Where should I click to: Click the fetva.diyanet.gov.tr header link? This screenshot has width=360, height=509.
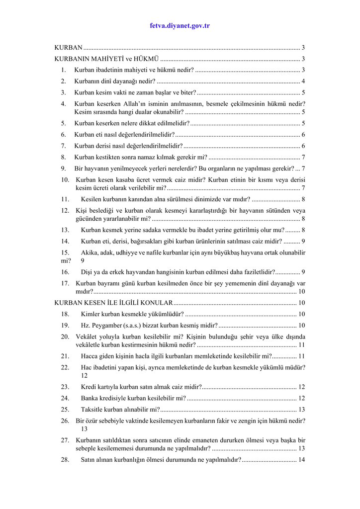pyautogui.click(x=180, y=25)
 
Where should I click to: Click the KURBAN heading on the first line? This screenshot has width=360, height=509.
pyautogui.click(x=68, y=48)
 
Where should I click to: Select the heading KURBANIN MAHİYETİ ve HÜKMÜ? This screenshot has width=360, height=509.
pyautogui.click(x=106, y=59)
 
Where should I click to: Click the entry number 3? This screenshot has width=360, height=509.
pyautogui.click(x=63, y=92)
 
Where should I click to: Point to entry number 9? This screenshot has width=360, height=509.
pyautogui.click(x=63, y=169)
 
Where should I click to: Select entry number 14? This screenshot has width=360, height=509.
pyautogui.click(x=65, y=241)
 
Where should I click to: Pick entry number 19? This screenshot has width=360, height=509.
pyautogui.click(x=65, y=325)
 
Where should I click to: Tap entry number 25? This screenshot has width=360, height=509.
pyautogui.click(x=65, y=409)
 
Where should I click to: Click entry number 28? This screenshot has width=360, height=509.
pyautogui.click(x=65, y=459)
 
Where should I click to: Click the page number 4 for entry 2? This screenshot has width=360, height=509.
pyautogui.click(x=303, y=81)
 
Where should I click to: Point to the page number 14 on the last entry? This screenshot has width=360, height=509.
pyautogui.click(x=302, y=459)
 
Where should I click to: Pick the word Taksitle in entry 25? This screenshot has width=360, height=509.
pyautogui.click(x=91, y=409)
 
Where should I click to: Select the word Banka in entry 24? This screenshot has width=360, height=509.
pyautogui.click(x=90, y=398)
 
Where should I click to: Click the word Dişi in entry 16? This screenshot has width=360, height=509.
pyautogui.click(x=87, y=272)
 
